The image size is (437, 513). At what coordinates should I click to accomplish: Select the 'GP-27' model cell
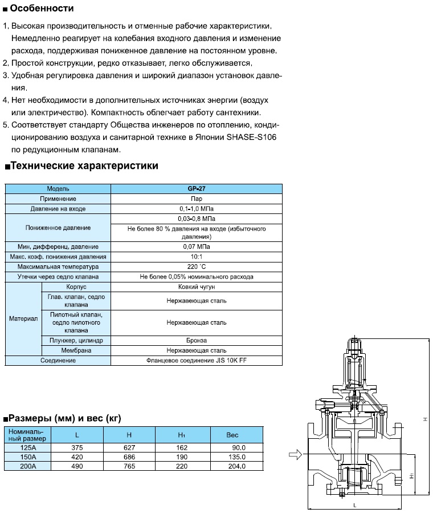196,188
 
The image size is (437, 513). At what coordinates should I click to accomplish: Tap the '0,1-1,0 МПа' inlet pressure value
196,209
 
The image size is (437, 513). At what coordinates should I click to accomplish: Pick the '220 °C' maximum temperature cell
196,266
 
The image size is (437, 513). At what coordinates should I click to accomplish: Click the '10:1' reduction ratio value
196,257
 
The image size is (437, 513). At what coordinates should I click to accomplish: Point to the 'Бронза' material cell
196,340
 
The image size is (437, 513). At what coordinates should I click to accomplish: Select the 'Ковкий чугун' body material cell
196,287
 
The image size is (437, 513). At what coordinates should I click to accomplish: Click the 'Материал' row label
23,318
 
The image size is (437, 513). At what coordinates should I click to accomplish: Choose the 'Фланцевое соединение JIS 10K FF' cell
196,361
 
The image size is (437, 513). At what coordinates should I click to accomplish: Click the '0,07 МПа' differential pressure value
196,247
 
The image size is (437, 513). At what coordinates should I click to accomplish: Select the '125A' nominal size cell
28,448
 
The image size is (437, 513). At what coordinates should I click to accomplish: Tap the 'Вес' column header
232,435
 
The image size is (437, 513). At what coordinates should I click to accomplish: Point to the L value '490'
77,466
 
